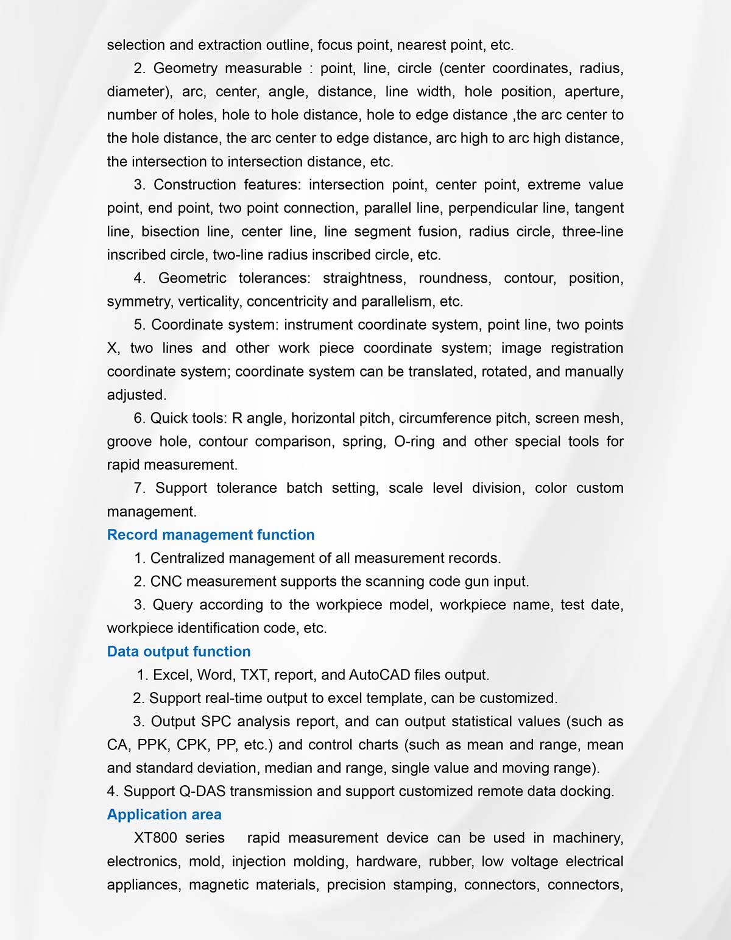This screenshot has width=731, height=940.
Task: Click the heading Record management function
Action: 211,535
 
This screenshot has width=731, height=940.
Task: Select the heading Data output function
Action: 178,651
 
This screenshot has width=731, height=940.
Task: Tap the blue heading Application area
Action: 164,815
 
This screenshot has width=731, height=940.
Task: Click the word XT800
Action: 155,838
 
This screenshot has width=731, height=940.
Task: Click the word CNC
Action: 166,582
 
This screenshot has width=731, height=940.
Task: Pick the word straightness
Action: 363,278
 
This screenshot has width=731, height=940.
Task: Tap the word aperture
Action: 593,92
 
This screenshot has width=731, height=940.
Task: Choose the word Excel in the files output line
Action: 172,675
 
